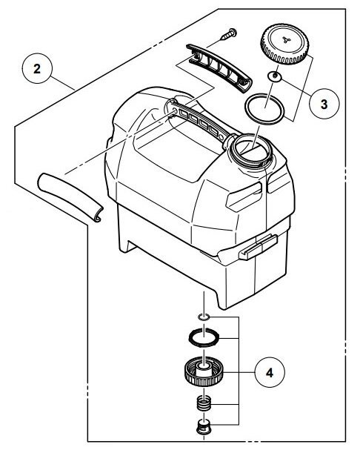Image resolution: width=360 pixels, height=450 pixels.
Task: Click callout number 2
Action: tap(37, 69)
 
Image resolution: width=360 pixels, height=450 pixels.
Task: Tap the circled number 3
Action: tap(324, 104)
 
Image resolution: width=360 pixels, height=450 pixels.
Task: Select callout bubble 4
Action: tap(270, 372)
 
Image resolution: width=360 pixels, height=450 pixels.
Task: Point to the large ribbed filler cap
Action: tap(284, 44)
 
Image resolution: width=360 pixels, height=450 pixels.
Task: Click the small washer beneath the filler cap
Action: tap(275, 76)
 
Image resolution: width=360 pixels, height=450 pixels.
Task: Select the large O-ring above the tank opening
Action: tap(264, 109)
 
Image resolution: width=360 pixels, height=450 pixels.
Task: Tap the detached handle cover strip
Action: tap(219, 68)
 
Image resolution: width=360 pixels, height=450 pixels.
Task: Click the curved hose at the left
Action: tap(70, 197)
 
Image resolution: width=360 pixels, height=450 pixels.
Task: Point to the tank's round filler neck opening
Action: tap(252, 149)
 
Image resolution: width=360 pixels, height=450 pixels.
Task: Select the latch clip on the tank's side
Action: tap(259, 247)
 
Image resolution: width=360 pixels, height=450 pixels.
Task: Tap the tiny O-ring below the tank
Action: tap(204, 317)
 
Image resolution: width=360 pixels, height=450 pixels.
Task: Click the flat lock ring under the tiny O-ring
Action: tap(204, 337)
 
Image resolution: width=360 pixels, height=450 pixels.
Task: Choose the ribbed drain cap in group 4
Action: tap(204, 371)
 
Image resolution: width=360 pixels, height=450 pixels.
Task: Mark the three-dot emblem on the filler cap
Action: tap(286, 39)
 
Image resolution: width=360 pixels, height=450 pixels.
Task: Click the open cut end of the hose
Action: tap(98, 215)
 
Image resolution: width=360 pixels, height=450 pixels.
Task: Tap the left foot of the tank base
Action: tap(125, 245)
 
